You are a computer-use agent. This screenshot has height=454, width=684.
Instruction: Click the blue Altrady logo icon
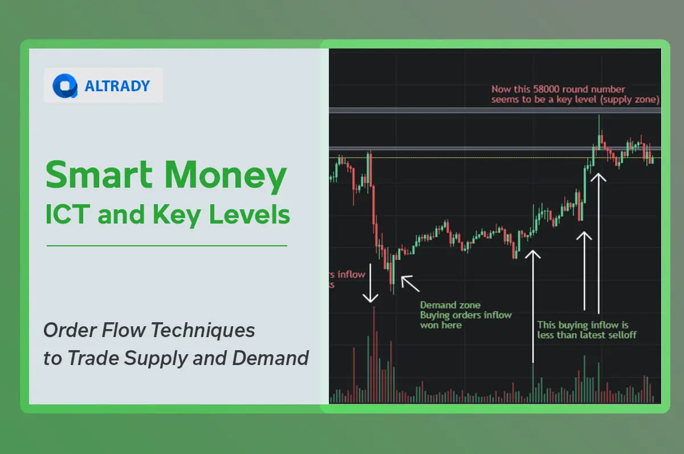coord(65,86)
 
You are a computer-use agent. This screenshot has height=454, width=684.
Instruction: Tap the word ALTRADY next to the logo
coord(117,86)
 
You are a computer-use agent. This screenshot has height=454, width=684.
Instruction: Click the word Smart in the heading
coord(99,176)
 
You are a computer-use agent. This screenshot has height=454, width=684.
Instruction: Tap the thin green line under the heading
coord(166,246)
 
